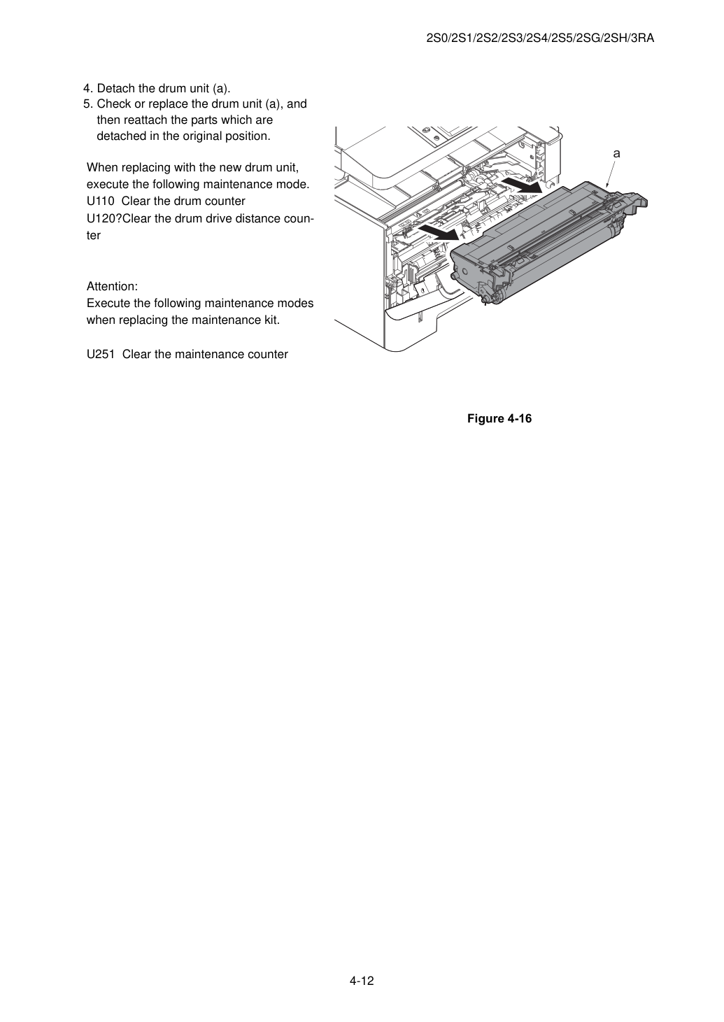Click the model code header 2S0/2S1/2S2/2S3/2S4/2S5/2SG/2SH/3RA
pyautogui.click(x=540, y=38)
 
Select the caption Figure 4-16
pyautogui.click(x=499, y=418)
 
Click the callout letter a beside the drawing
pyautogui.click(x=616, y=154)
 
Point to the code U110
pyautogui.click(x=100, y=201)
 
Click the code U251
pyautogui.click(x=101, y=355)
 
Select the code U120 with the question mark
pyautogui.click(x=104, y=218)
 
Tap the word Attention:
pyautogui.click(x=112, y=287)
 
